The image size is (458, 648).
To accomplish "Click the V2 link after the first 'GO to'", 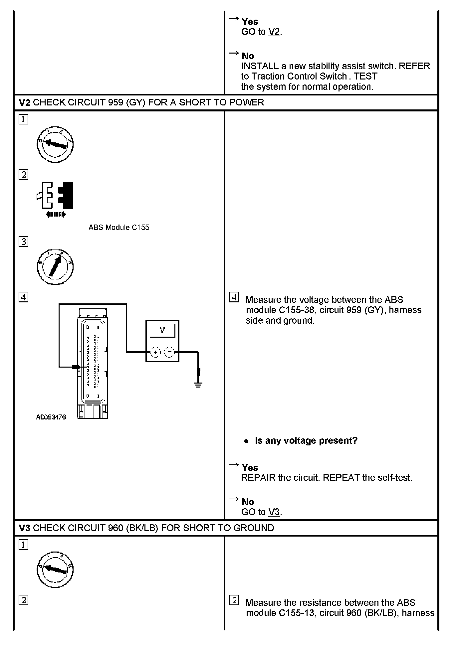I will tap(274, 32).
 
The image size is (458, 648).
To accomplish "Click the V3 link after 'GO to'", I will tap(274, 512).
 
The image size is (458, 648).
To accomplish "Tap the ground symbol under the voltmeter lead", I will tap(198, 385).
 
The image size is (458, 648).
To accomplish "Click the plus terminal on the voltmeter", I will tap(155, 352).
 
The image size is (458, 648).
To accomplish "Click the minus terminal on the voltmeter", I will tap(170, 352).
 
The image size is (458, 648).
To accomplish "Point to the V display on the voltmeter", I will tap(162, 330).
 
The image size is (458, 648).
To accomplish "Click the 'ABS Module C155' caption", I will tap(119, 228).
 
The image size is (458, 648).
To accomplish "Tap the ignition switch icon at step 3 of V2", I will tap(55, 266).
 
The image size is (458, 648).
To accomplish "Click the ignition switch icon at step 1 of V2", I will tap(55, 144).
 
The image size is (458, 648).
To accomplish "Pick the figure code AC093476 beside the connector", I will tap(51, 417).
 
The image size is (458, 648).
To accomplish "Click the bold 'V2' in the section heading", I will tap(24, 102).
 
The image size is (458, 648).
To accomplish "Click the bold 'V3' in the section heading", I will tap(24, 528).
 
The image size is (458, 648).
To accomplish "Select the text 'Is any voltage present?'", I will tap(306, 440).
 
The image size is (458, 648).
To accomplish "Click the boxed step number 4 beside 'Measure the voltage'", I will tap(234, 297).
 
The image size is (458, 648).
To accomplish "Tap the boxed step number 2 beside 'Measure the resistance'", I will tap(234, 600).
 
